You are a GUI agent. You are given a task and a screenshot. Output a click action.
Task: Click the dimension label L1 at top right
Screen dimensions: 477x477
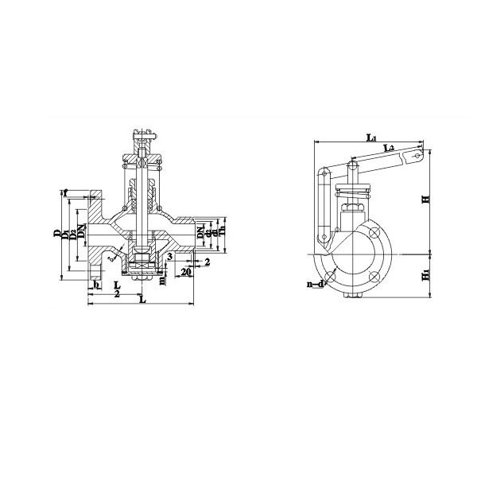[x=371, y=138]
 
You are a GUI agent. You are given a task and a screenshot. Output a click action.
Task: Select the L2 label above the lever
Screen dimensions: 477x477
[x=389, y=148]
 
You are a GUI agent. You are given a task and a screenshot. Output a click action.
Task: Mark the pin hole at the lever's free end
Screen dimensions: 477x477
[x=414, y=158]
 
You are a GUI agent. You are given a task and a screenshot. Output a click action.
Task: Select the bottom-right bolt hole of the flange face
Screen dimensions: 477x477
[x=373, y=277]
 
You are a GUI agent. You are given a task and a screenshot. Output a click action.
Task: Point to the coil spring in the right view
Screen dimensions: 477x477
[x=352, y=191]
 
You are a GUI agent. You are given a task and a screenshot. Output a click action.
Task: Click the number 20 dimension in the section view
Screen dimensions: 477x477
[x=185, y=272]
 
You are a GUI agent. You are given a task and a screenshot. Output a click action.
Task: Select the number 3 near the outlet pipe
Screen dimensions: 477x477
[x=169, y=256]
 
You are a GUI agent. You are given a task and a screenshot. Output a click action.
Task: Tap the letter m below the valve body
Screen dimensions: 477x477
[x=161, y=279]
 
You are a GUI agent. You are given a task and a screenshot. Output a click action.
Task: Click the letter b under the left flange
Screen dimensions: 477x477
[x=96, y=284]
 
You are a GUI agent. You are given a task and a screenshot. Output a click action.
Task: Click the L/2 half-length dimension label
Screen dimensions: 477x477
[x=117, y=289]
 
